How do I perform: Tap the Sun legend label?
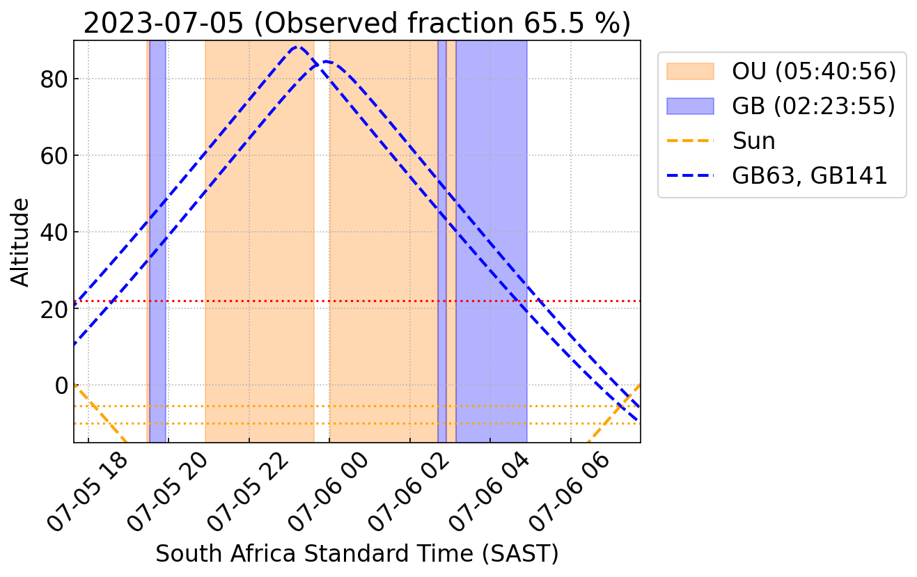coord(754,141)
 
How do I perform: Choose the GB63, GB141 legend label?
coord(810,175)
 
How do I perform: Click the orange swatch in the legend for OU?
coord(690,71)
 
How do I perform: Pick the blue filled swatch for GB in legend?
coord(690,106)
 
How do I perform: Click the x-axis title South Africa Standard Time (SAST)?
coord(356,554)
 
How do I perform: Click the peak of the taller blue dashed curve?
coord(298,47)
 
